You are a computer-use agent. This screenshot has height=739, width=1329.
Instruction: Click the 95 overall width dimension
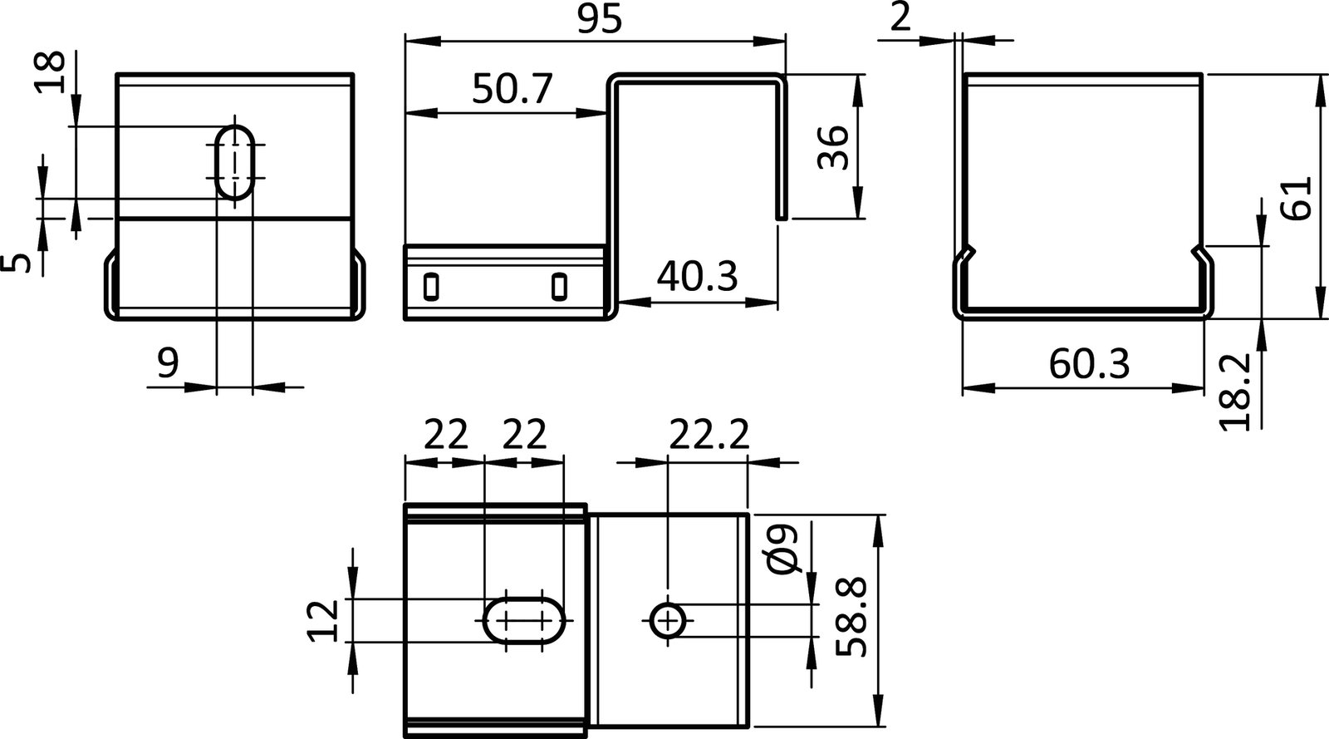click(599, 20)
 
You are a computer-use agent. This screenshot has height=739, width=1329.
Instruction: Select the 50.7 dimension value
click(512, 89)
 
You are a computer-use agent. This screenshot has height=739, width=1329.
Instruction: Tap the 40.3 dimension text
click(696, 276)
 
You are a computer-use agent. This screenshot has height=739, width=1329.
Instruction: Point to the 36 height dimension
click(832, 147)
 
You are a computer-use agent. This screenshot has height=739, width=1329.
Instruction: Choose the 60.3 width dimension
click(1089, 363)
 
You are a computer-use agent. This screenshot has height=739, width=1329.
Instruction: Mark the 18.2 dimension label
click(1236, 391)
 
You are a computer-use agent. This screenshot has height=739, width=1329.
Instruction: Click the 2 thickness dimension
click(900, 17)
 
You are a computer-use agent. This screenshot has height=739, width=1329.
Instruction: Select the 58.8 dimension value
click(852, 618)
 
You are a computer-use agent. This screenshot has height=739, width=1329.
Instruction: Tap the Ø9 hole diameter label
click(783, 549)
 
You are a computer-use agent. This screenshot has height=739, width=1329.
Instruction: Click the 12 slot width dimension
click(326, 620)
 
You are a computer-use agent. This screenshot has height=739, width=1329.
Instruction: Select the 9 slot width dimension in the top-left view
click(168, 363)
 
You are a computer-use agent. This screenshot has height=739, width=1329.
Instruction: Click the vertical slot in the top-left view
click(237, 163)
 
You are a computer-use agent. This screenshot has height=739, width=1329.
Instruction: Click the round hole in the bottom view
click(668, 620)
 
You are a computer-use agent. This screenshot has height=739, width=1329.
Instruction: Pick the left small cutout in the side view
click(430, 286)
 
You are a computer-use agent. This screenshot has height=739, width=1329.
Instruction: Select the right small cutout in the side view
click(559, 286)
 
